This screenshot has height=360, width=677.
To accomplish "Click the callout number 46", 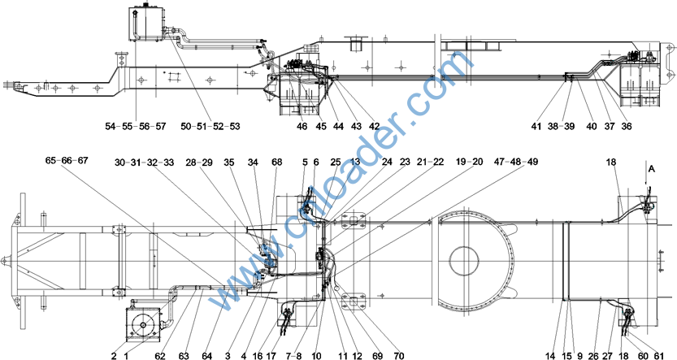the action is pyautogui.click(x=302, y=127).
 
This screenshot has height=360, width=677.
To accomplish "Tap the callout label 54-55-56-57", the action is pyautogui.click(x=136, y=127).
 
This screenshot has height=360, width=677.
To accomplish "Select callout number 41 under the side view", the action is pyautogui.click(x=536, y=127).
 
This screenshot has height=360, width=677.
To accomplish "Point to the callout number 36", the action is pyautogui.click(x=627, y=127).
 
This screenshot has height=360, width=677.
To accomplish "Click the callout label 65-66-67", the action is pyautogui.click(x=67, y=161).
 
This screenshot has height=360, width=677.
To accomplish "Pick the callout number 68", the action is pyautogui.click(x=277, y=163).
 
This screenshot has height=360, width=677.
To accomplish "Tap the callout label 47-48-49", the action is pyautogui.click(x=516, y=163).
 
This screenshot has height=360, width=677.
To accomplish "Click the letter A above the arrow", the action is pyautogui.click(x=652, y=170).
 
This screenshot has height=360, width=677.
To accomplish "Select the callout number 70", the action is pyautogui.click(x=399, y=356).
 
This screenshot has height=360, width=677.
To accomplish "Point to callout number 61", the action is pyautogui.click(x=659, y=356).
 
